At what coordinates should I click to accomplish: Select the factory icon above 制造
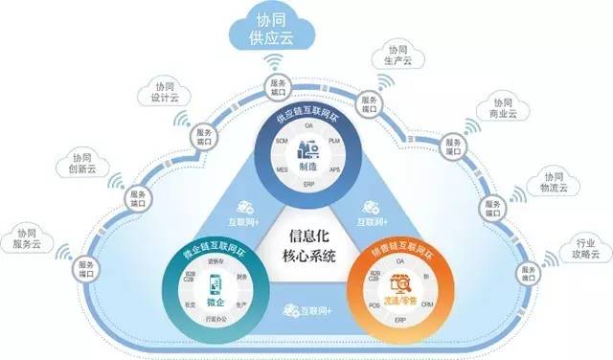coord(308,149)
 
